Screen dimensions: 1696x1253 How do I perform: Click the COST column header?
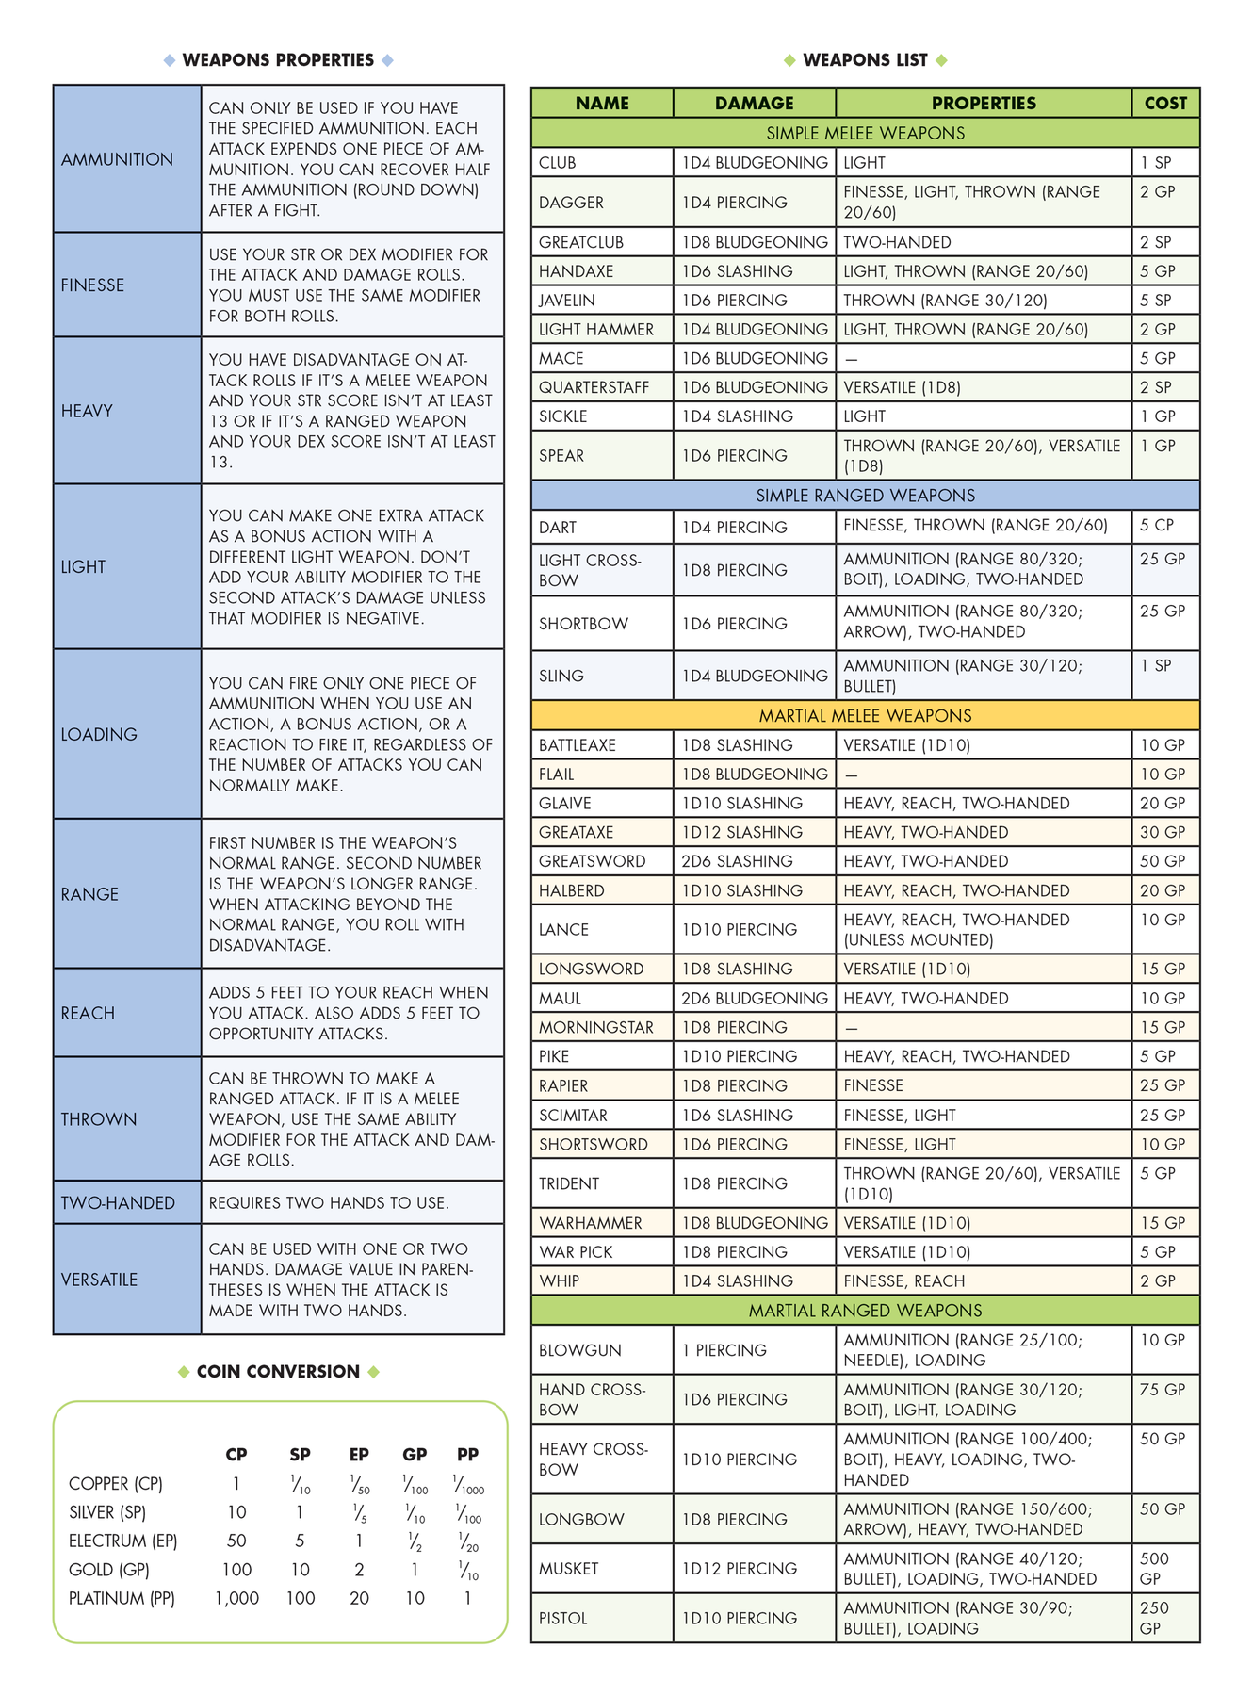(1165, 103)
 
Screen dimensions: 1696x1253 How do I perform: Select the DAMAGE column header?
(754, 103)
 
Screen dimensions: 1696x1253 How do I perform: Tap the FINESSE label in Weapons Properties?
(92, 285)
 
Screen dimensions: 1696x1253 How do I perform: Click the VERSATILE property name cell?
(99, 1280)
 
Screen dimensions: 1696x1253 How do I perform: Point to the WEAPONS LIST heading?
(865, 60)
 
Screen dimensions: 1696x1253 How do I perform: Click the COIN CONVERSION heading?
(278, 1372)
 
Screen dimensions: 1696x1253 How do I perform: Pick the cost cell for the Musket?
(1154, 1568)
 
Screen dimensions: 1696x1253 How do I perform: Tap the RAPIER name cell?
(563, 1085)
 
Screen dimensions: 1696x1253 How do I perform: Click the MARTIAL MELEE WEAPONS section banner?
(865, 716)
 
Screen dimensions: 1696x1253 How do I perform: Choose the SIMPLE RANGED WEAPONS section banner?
(865, 496)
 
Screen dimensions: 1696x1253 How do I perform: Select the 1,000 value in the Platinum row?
(236, 1598)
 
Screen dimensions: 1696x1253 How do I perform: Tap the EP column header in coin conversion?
(359, 1454)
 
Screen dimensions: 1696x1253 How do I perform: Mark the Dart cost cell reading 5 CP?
(1156, 526)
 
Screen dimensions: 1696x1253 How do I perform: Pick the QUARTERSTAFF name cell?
(594, 387)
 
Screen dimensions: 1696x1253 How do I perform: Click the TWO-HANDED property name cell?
(118, 1203)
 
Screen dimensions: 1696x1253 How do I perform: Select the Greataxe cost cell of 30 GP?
(1162, 832)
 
